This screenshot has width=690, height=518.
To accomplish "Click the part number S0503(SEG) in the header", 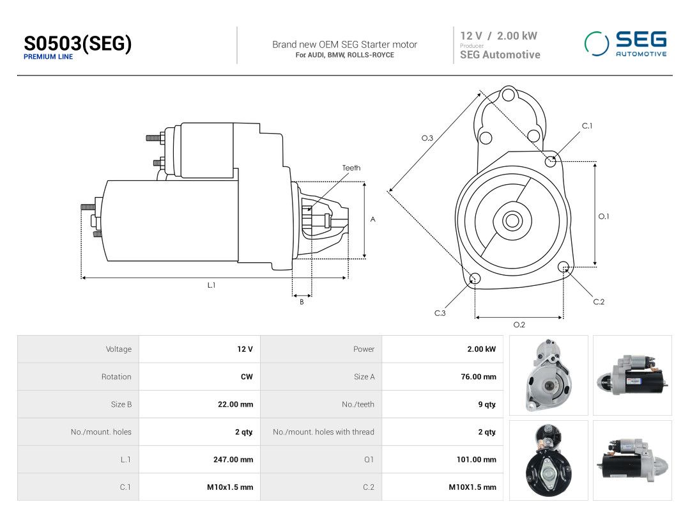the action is tap(77, 43).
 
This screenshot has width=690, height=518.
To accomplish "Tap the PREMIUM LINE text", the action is tap(48, 57).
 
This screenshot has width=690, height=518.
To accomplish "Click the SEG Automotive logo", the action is tap(625, 43).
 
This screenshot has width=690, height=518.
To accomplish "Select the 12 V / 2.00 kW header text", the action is tap(498, 36).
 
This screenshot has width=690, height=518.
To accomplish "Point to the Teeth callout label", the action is tap(351, 168).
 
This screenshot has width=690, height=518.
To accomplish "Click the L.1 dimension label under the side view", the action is tap(211, 285).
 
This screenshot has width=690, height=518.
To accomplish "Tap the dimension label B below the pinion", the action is tap(302, 302).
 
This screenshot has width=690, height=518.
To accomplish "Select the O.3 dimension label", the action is tap(427, 138).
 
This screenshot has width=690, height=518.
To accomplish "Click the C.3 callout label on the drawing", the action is tap(440, 313).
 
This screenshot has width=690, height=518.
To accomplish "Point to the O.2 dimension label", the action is tap(519, 325).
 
